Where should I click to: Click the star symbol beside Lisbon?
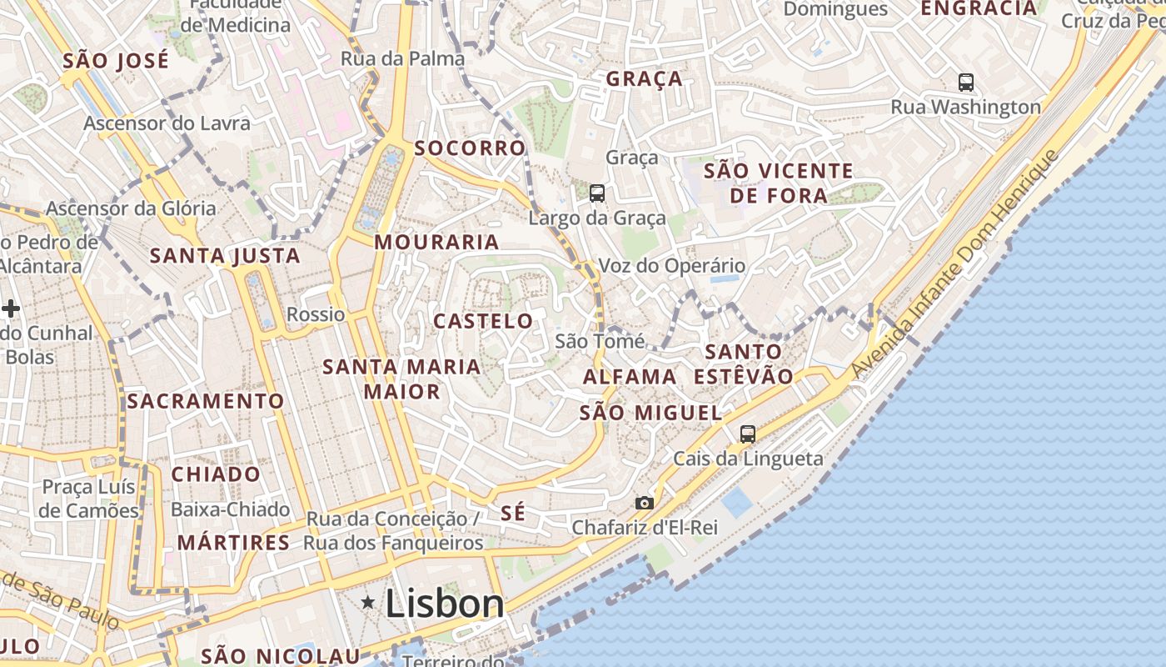367,601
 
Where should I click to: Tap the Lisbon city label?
445,604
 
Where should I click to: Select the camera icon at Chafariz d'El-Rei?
644,503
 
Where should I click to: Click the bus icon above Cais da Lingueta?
748,434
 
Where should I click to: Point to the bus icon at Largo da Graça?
597,193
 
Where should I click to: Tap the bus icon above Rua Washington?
966,82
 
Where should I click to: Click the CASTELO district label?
483,321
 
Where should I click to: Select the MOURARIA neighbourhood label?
436,243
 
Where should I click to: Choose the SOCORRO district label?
471,148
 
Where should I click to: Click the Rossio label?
316,314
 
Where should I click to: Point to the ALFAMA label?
630,377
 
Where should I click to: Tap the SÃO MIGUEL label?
650,413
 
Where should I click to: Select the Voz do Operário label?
672,266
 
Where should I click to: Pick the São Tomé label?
600,341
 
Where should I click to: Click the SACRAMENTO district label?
206,401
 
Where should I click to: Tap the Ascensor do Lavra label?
167,123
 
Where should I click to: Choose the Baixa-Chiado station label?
231,509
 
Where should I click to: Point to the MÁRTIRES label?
233,543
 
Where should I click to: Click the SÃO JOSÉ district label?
116,61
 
